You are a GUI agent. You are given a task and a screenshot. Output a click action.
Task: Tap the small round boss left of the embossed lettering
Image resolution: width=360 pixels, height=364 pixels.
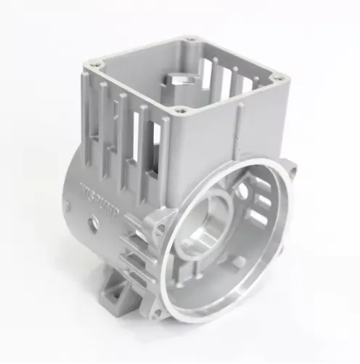[x=67, y=206]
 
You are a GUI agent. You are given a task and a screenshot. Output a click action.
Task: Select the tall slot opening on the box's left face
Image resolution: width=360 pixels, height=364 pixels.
[x=154, y=153]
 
